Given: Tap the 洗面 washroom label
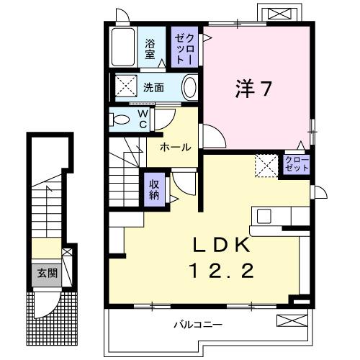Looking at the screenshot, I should coord(153,88).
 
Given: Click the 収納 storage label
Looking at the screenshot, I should coord(154,189).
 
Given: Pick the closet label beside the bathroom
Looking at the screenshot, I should coord(181,47).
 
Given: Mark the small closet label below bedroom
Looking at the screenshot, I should coord(295,163).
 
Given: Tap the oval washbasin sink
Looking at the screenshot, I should coord(189,89).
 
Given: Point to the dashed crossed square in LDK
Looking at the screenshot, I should coord(265,166).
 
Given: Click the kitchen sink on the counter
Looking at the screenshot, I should coord(264,216).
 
